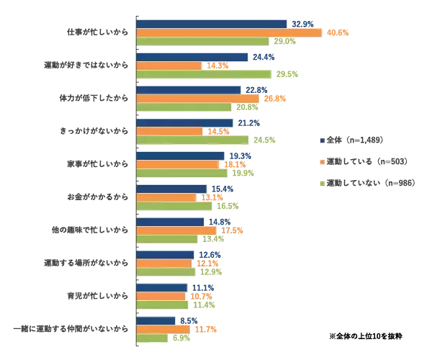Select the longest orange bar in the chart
click(x=228, y=32)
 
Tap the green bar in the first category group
click(x=202, y=42)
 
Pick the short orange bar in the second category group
click(x=168, y=66)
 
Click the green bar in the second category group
click(x=204, y=74)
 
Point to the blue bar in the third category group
click(x=188, y=90)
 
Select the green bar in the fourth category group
click(x=192, y=140)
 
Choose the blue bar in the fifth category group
click(x=180, y=156)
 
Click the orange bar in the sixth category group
click(x=166, y=197)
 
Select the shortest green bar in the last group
click(x=152, y=338)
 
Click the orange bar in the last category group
click(x=163, y=329)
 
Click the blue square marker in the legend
click(x=324, y=138)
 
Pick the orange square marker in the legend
click(x=324, y=161)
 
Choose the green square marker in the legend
click(x=324, y=184)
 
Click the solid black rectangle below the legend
click(x=365, y=334)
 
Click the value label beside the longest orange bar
click(x=338, y=33)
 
